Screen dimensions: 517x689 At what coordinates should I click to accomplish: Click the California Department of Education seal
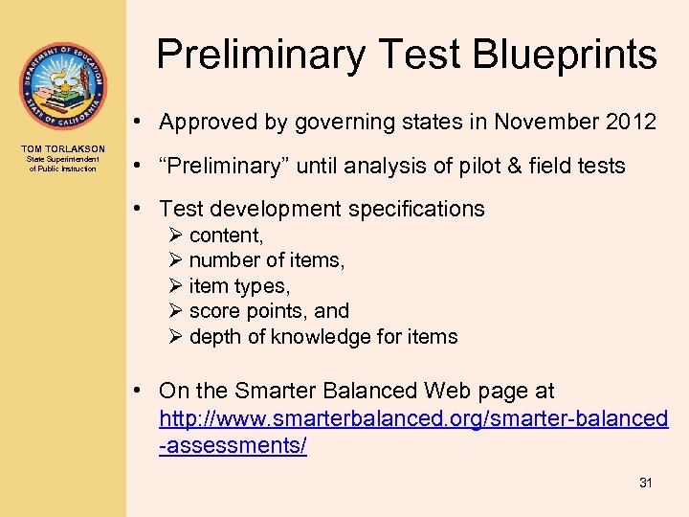62,86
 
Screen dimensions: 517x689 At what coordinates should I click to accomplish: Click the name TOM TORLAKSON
62,149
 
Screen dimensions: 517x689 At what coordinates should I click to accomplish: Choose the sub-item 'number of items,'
267,260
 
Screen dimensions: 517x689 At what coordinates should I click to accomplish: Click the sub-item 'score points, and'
269,311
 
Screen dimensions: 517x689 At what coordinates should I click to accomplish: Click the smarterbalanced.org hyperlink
413,418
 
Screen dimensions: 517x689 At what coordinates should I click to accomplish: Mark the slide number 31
645,483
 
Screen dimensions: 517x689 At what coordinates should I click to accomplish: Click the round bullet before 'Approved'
140,123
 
